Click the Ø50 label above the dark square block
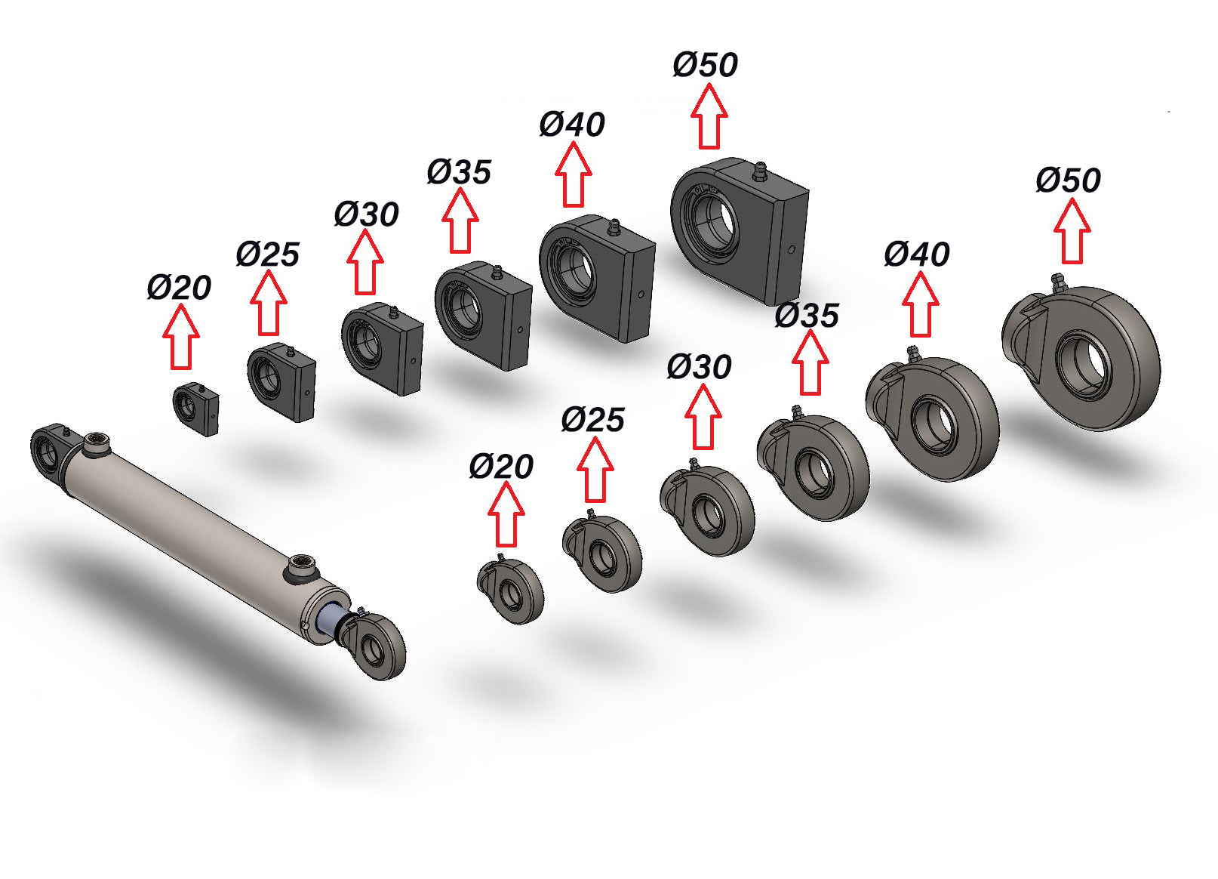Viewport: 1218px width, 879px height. tap(706, 65)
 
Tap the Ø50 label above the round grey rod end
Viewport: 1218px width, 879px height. tap(1068, 180)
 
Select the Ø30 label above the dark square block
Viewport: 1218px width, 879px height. tap(366, 214)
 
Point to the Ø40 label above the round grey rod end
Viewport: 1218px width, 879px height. tap(917, 254)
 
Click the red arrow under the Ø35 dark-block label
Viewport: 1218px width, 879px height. tap(460, 221)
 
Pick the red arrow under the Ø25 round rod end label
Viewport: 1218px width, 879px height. tap(595, 469)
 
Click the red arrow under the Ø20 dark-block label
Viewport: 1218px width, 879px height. tap(181, 337)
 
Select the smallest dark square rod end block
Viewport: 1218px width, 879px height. tap(195, 409)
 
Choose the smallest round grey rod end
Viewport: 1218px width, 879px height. tap(510, 591)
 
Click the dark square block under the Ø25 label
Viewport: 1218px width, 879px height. tap(281, 381)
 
